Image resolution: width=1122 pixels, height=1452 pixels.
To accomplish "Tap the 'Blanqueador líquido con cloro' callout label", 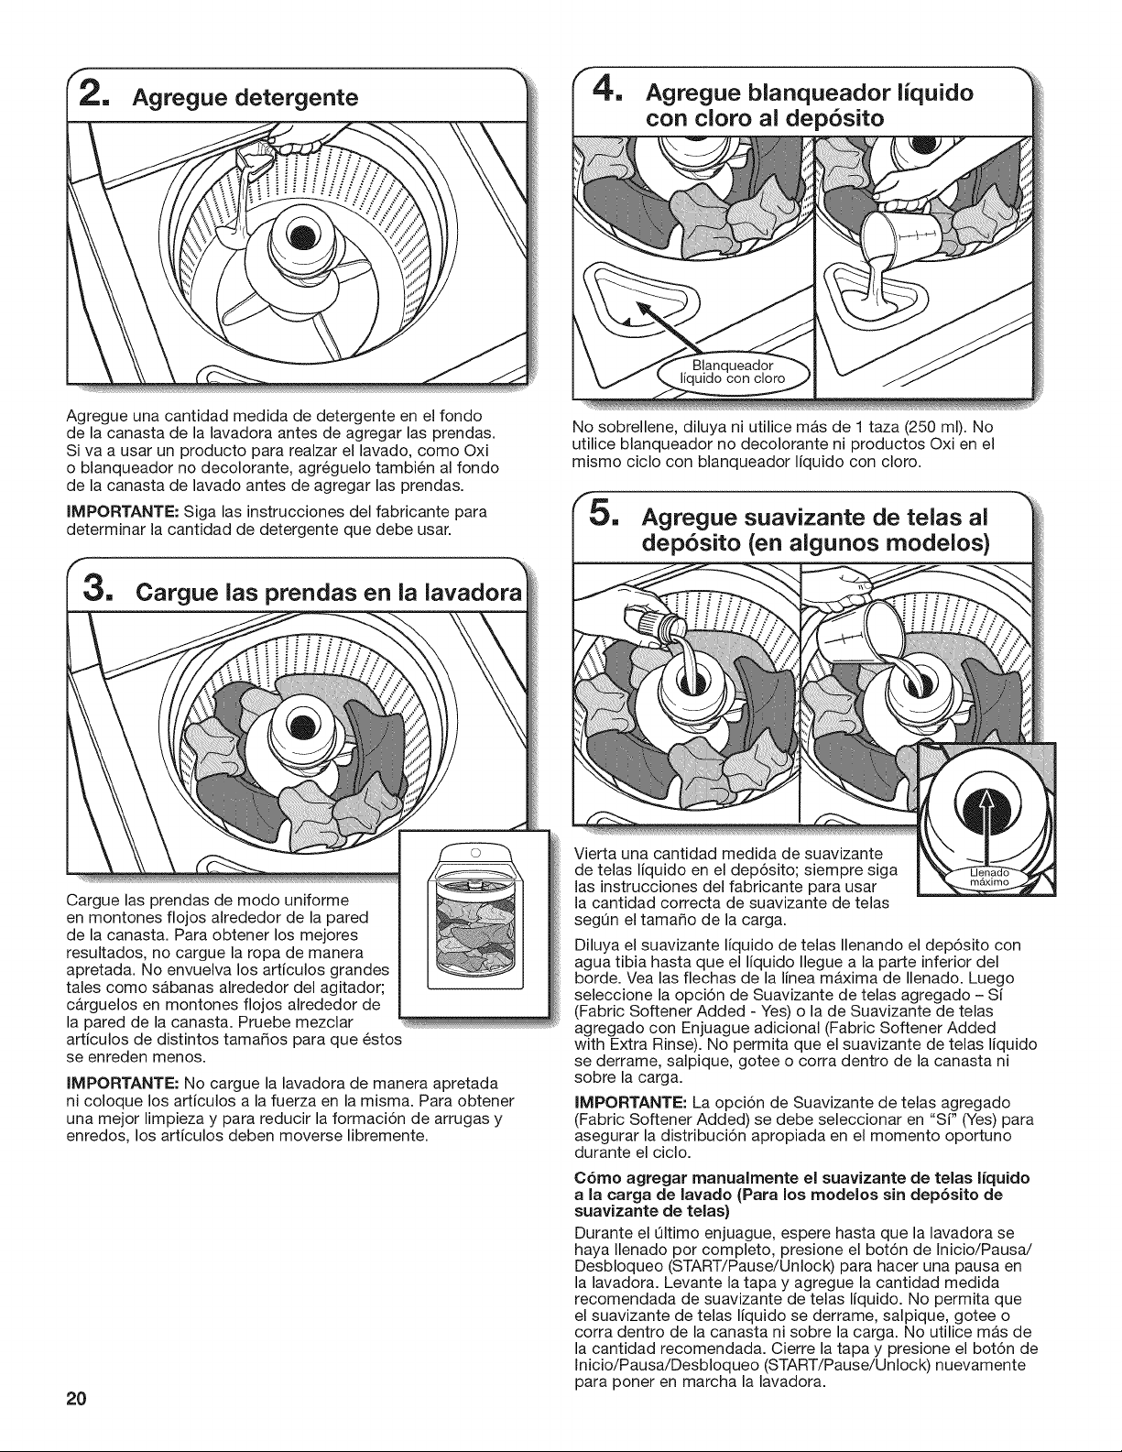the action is pyautogui.click(x=732, y=372).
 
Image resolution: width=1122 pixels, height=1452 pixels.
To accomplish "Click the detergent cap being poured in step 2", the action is pyautogui.click(x=254, y=158).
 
